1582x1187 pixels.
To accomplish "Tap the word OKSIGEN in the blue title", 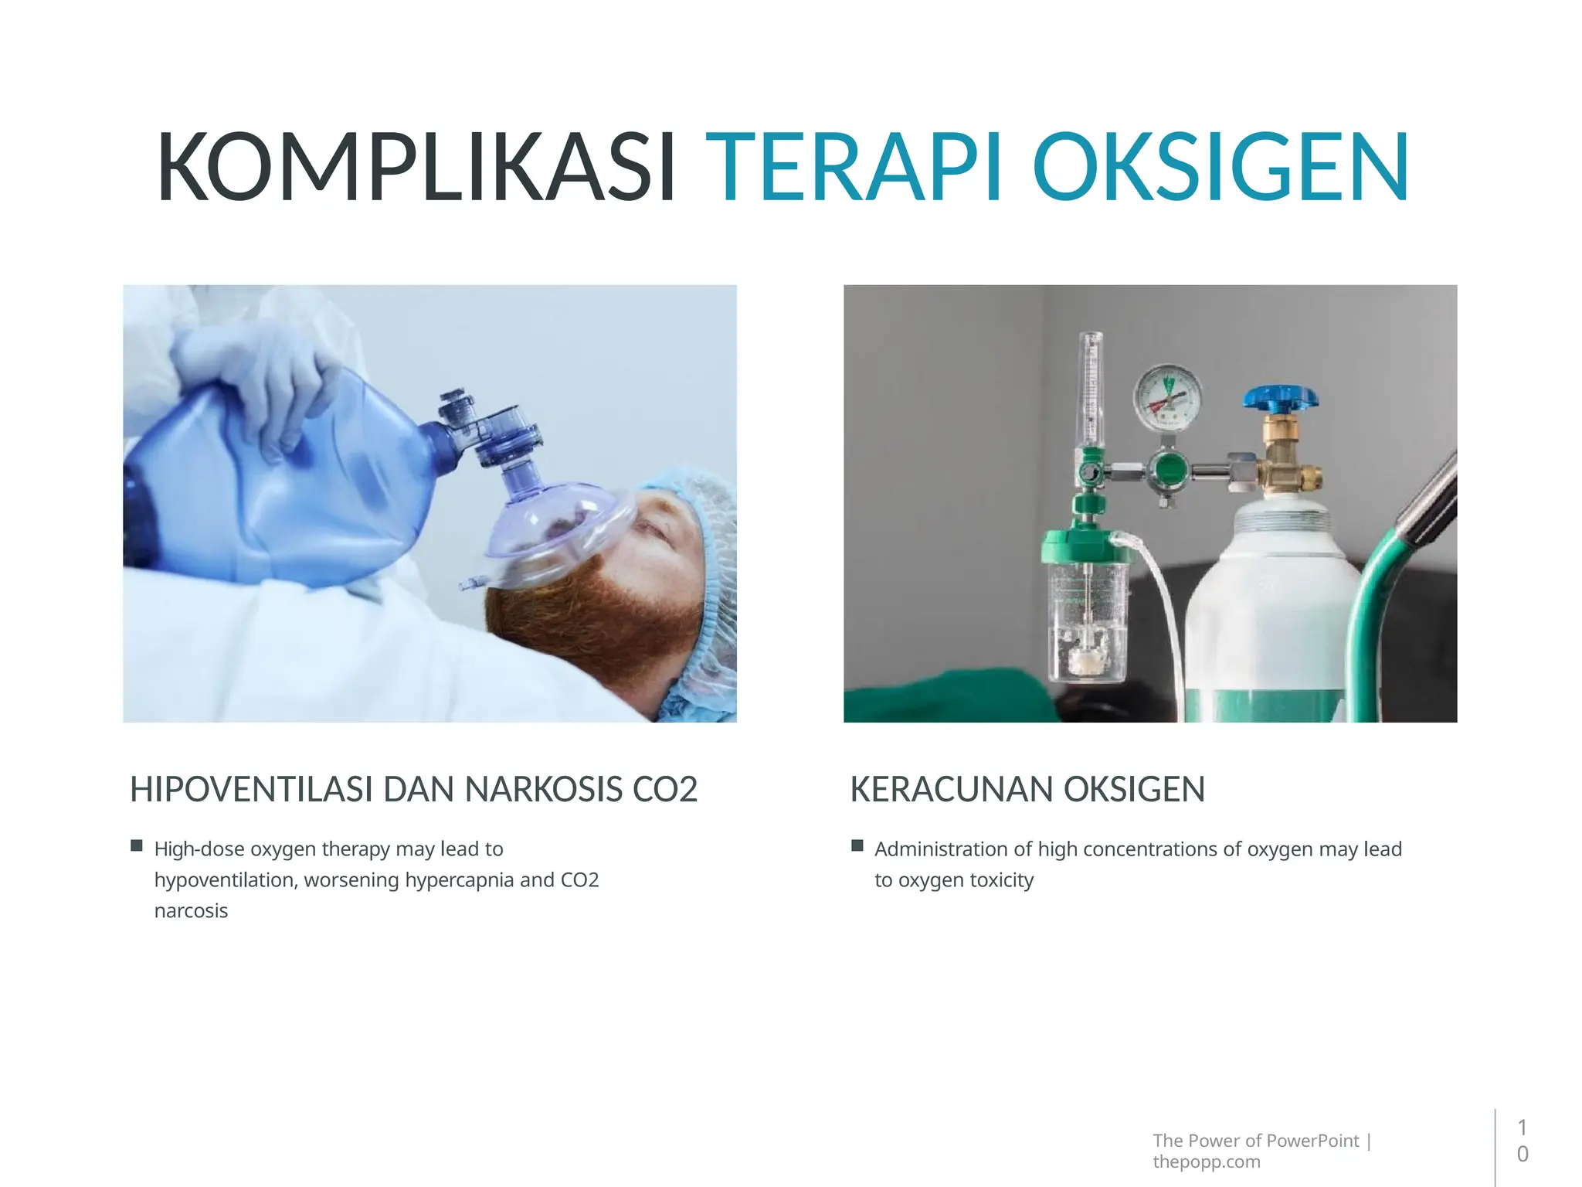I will [x=1220, y=168].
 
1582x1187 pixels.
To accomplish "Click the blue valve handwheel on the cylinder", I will [x=1280, y=399].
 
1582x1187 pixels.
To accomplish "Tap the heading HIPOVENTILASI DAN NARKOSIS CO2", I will [x=413, y=790].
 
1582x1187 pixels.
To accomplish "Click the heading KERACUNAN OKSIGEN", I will [x=1027, y=790].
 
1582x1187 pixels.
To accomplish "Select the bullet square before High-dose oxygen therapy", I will [x=137, y=845].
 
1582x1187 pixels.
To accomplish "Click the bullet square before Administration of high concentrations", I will [x=857, y=845].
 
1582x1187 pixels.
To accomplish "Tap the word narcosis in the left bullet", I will [x=191, y=911].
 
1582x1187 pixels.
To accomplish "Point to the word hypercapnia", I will [x=459, y=880].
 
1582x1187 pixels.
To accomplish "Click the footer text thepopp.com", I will [x=1206, y=1161].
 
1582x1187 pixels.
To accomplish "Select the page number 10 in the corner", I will [x=1522, y=1141].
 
